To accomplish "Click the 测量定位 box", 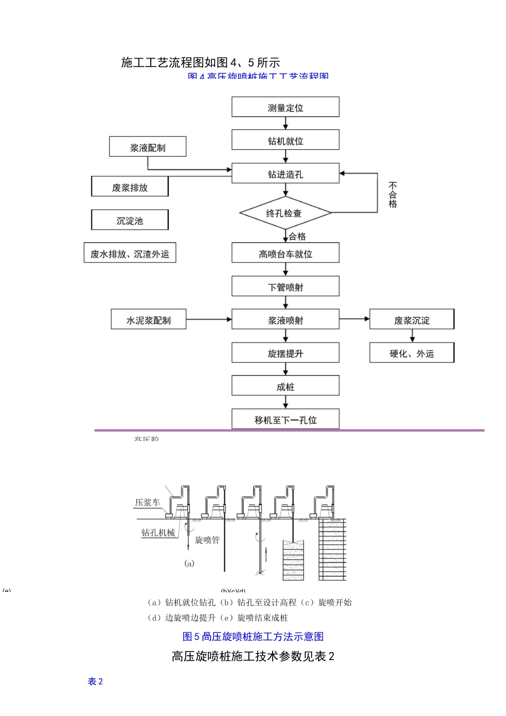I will (x=285, y=107).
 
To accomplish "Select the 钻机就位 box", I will (x=285, y=140).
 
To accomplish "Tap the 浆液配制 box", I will (x=148, y=147).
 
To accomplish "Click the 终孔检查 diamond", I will (x=285, y=213).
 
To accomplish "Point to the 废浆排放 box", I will (x=129, y=187).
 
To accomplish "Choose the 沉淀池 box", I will (x=129, y=220).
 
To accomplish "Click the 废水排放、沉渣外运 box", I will (x=129, y=254).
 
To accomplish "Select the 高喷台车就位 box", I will (x=285, y=254).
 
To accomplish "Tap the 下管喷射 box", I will (x=285, y=287).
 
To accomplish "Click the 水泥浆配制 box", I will (x=148, y=320).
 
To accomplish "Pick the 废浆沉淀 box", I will (x=412, y=320).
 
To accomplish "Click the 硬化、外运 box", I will (x=412, y=353).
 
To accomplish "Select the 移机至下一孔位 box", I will (x=285, y=419).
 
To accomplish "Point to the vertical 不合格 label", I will (x=393, y=195).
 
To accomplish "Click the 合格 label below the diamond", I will (x=297, y=236).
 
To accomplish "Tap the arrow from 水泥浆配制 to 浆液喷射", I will (x=209, y=320).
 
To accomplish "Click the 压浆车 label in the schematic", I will (x=147, y=502).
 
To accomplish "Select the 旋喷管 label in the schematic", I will (x=207, y=540).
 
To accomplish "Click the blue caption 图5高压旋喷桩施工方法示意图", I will (x=253, y=636).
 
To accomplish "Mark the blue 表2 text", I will (x=95, y=681).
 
